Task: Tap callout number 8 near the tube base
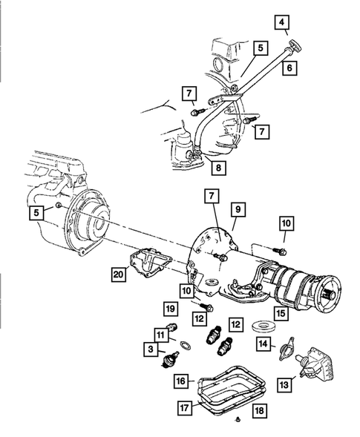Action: (215, 168)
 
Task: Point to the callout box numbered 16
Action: (181, 381)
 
